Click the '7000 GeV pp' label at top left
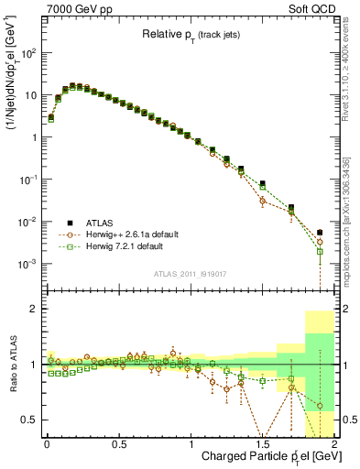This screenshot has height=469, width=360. tap(77, 7)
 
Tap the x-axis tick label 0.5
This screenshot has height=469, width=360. tap(118, 443)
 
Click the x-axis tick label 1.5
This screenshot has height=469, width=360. tap(263, 443)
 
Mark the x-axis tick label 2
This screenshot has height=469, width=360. tap(334, 443)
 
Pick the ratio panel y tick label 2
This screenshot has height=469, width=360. tap(35, 310)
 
